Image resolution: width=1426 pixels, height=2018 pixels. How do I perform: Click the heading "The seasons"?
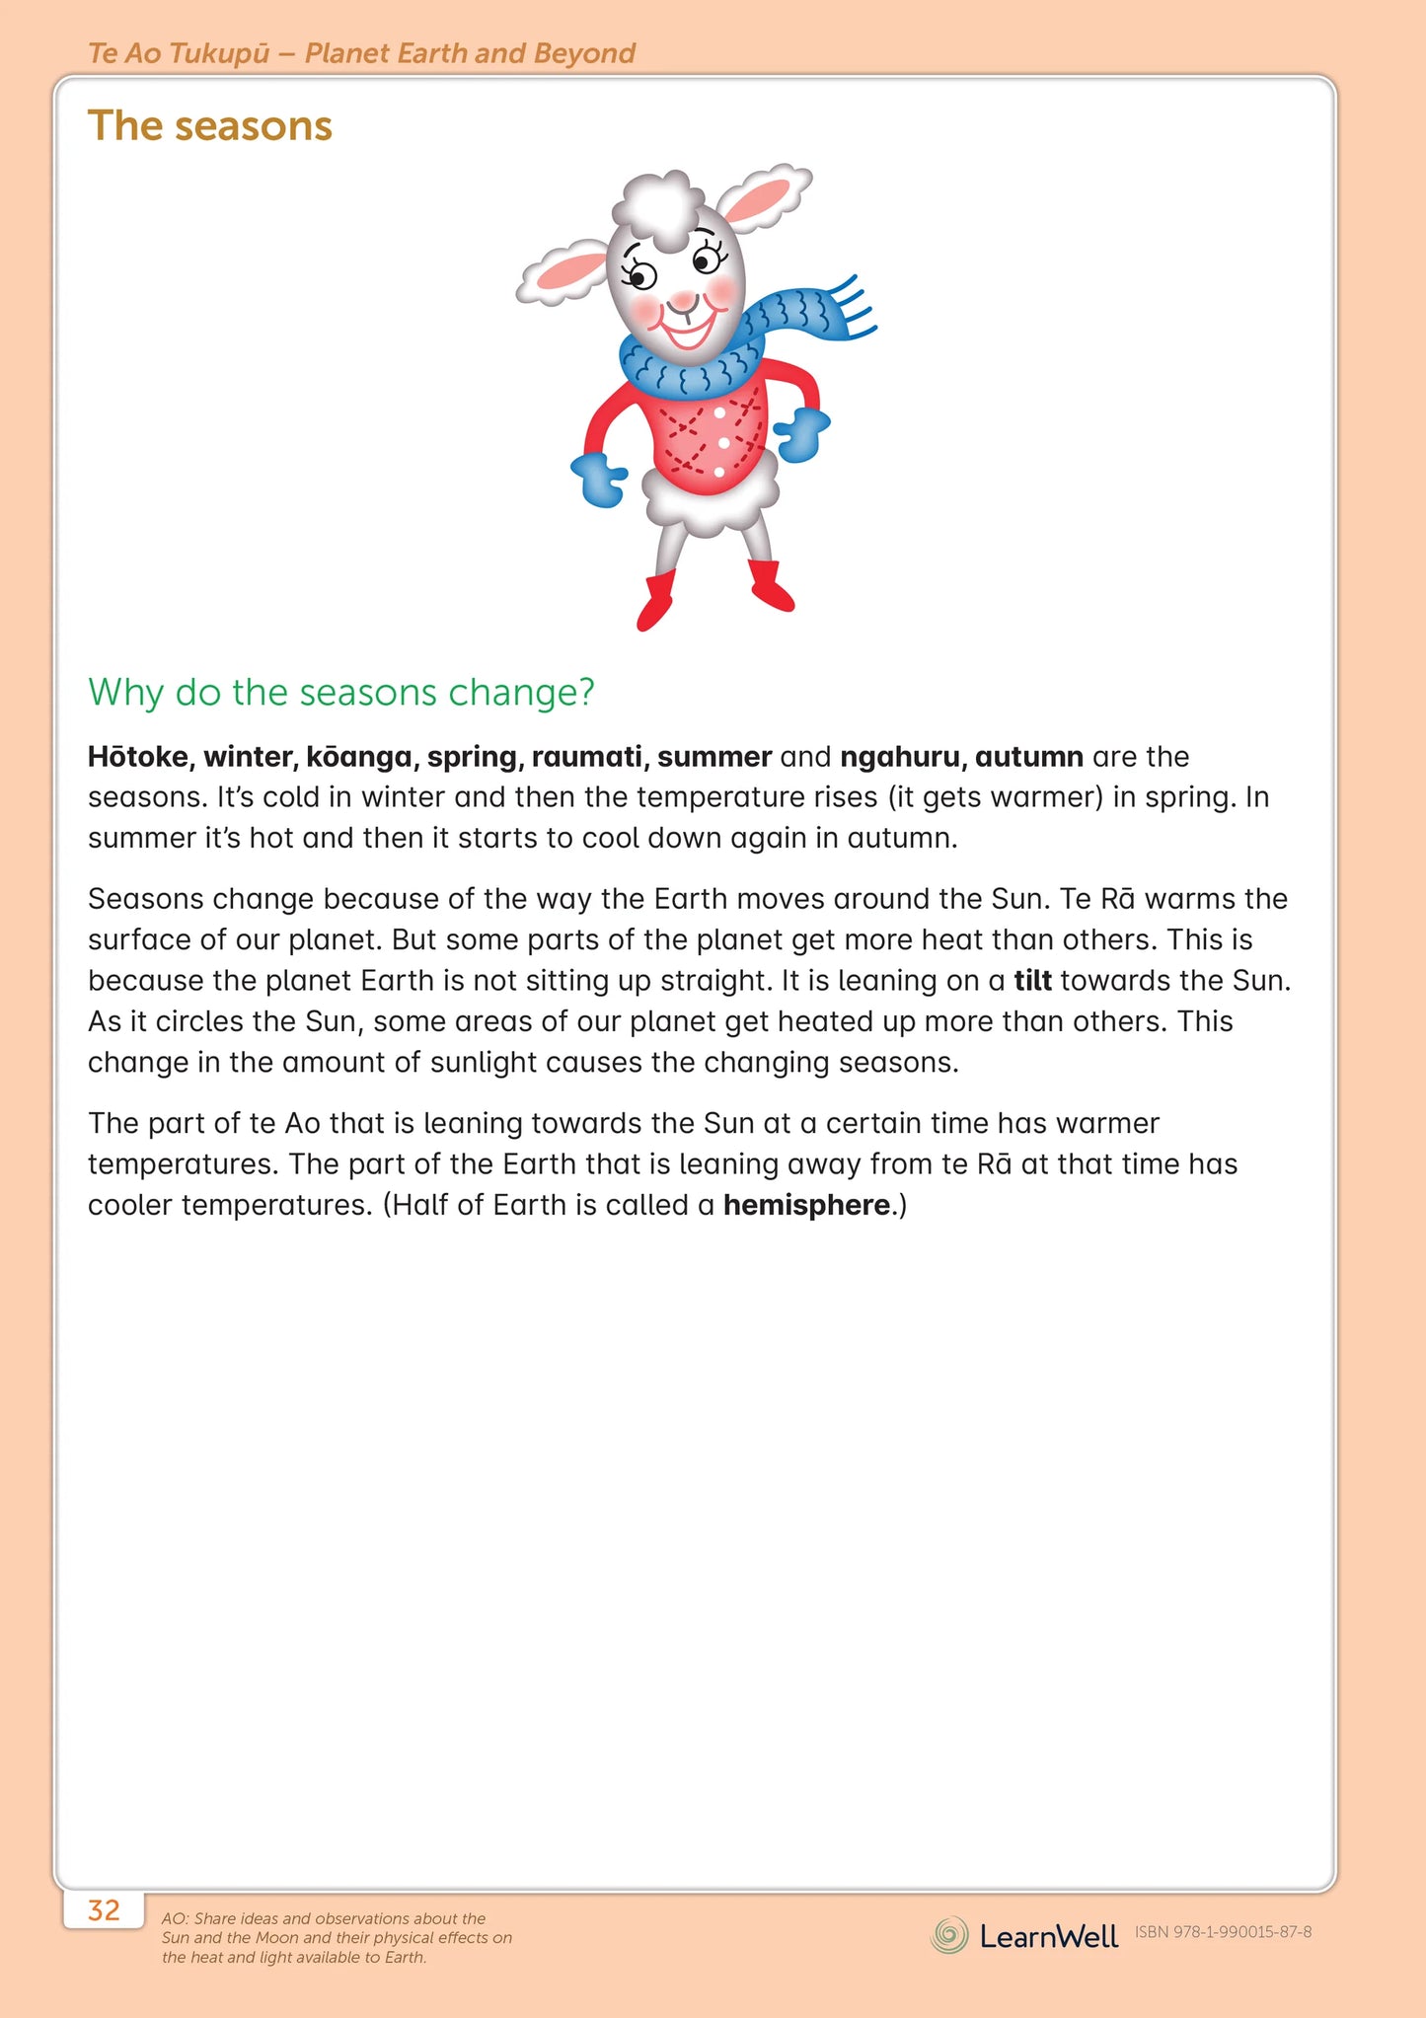[210, 126]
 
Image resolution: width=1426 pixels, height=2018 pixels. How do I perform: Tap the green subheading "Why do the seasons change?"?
[341, 693]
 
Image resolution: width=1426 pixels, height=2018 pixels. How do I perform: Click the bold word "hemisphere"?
[806, 1205]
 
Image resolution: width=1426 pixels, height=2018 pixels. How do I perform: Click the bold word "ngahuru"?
[902, 757]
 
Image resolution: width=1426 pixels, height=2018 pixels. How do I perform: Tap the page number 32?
[104, 1910]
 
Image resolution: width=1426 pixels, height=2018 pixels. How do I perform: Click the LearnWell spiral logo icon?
[949, 1935]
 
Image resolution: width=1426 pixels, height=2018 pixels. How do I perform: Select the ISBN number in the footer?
[1223, 1932]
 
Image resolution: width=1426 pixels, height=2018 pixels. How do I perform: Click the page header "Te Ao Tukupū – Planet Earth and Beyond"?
[361, 53]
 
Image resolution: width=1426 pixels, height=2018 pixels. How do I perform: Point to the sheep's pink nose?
[684, 299]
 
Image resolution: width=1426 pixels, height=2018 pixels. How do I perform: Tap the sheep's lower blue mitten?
[600, 478]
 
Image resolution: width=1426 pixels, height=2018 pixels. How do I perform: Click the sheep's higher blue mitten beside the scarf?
[802, 433]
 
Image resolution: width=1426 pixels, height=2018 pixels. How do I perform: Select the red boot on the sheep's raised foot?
[655, 599]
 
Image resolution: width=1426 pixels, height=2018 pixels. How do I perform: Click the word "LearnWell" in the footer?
[1048, 1936]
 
